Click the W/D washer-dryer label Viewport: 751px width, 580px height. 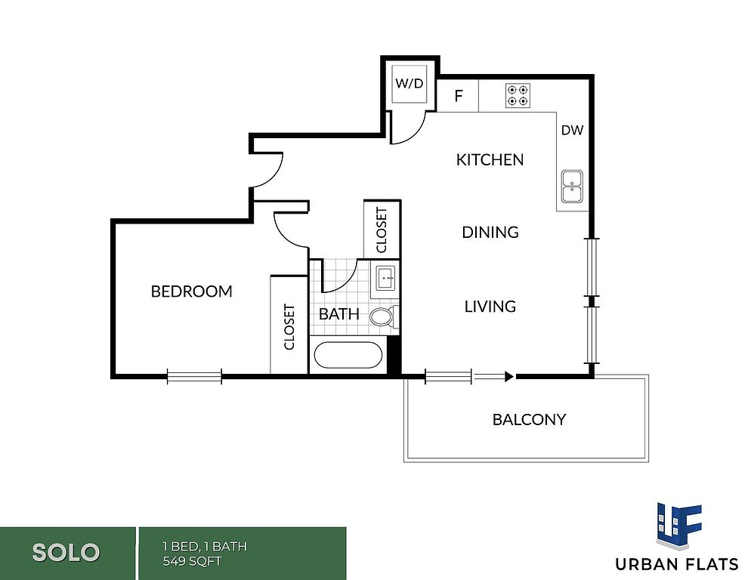pyautogui.click(x=409, y=83)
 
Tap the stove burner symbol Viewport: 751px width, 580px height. pyautogui.click(x=518, y=95)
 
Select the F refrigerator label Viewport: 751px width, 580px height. pyautogui.click(x=459, y=96)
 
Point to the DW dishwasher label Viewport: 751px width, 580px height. pyautogui.click(x=573, y=130)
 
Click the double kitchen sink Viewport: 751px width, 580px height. pyautogui.click(x=573, y=187)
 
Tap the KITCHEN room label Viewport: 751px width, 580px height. pyautogui.click(x=490, y=159)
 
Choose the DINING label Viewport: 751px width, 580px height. pyautogui.click(x=490, y=233)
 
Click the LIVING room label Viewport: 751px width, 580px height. pyautogui.click(x=490, y=306)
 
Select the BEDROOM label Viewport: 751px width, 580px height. pyautogui.click(x=192, y=292)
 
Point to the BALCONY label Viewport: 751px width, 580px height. pyautogui.click(x=529, y=420)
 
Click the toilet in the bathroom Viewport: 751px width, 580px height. pyautogui.click(x=384, y=316)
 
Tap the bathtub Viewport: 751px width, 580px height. pyautogui.click(x=348, y=354)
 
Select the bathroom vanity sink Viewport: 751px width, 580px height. pyautogui.click(x=385, y=278)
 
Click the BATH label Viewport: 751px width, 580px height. pyautogui.click(x=339, y=314)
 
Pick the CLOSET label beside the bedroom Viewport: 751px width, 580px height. pyautogui.click(x=289, y=327)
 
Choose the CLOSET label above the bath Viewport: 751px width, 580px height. pyautogui.click(x=382, y=230)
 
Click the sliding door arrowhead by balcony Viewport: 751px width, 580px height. pyautogui.click(x=509, y=377)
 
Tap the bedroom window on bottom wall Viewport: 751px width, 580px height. pyautogui.click(x=194, y=376)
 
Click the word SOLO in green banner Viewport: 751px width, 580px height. pyautogui.click(x=66, y=553)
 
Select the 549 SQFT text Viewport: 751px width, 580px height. pyautogui.click(x=192, y=561)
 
